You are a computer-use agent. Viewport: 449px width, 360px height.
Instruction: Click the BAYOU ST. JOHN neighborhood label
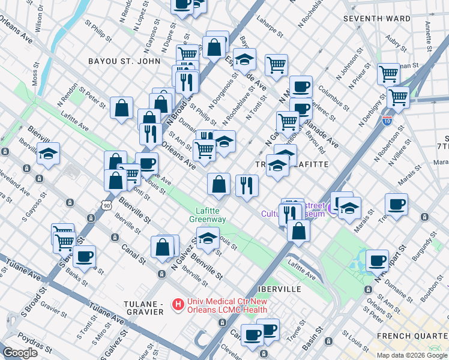(124, 61)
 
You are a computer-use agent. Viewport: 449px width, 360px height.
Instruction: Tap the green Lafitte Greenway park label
(208, 215)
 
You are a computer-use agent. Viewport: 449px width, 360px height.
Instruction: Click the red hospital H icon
(177, 305)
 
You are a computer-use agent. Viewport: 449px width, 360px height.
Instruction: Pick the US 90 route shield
(107, 205)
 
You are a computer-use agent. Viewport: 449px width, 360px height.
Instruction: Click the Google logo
(20, 353)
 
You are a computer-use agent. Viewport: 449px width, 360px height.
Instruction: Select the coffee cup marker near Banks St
(85, 257)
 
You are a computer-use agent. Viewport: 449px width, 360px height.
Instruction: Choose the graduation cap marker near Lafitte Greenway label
(208, 239)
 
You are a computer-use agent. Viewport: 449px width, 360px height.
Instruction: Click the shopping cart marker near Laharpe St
(276, 64)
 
